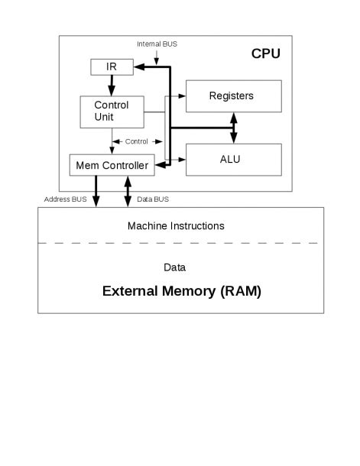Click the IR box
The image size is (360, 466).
(112, 67)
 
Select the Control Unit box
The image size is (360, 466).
(112, 112)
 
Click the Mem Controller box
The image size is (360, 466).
(112, 163)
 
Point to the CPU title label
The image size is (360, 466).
(265, 53)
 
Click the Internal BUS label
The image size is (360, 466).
(157, 44)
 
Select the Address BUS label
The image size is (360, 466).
(66, 199)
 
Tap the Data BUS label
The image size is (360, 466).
(152, 199)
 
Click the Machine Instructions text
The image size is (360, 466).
(176, 226)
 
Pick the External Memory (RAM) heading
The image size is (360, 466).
(181, 290)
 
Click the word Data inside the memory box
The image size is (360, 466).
(175, 267)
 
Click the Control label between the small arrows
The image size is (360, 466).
(137, 141)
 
